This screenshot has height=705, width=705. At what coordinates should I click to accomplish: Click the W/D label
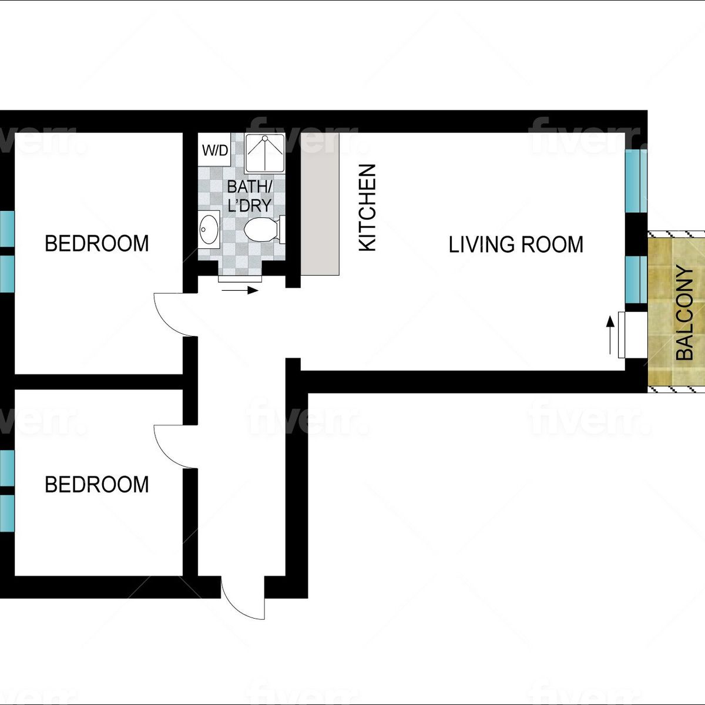215,150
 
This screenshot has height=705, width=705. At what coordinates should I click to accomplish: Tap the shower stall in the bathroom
264,153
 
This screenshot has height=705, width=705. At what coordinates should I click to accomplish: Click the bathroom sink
209,229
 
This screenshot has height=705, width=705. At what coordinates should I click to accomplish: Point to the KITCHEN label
367,208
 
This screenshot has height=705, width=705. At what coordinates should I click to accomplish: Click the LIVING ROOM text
515,244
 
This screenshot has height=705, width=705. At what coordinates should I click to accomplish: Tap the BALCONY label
684,313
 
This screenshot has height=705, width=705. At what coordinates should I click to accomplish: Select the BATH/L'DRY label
250,196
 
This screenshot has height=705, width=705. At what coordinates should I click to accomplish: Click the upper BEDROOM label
96,243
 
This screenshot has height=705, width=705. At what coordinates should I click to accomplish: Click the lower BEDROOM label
96,484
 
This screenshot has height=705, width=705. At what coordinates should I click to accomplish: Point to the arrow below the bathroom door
240,290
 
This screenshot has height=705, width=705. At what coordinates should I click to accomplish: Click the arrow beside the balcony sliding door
610,335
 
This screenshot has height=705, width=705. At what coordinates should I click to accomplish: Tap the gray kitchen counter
320,204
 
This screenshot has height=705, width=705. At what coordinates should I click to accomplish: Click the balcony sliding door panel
621,335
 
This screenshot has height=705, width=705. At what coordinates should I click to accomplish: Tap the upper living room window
636,181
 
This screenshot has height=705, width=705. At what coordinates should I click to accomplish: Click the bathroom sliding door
240,279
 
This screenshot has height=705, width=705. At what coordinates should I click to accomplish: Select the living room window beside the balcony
636,280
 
